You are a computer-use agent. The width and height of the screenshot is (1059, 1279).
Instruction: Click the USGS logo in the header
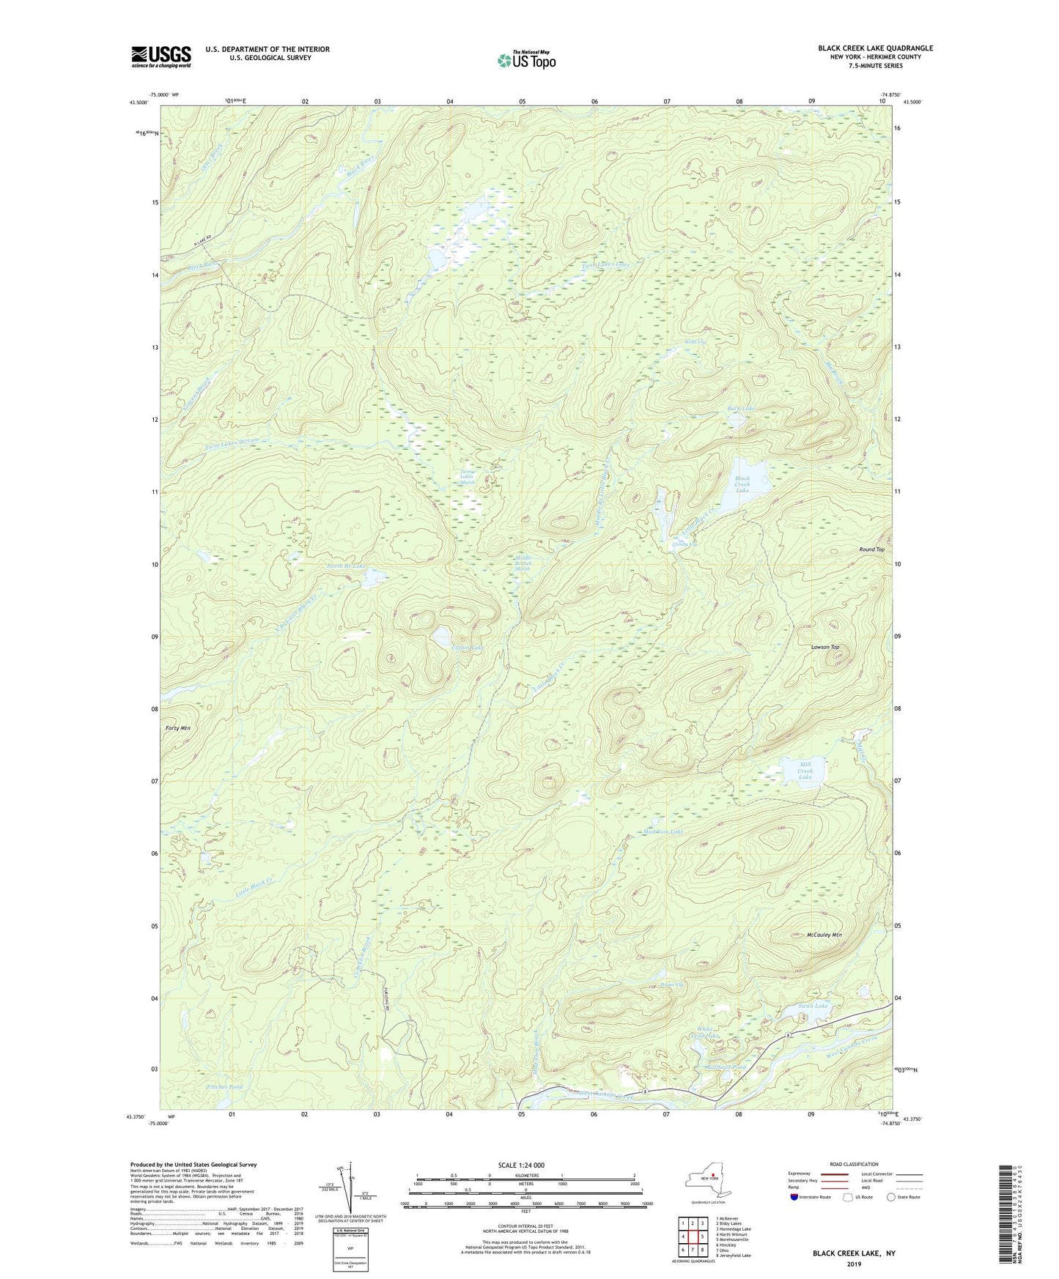point(161,56)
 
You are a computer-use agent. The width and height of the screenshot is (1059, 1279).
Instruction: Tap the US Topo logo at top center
point(526,60)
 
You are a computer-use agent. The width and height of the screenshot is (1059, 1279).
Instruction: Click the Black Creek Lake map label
point(742,484)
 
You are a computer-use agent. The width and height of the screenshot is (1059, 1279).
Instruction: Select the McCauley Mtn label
point(824,935)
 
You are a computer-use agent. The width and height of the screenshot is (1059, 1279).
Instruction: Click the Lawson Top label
point(824,648)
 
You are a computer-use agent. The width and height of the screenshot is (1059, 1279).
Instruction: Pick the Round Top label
point(871,549)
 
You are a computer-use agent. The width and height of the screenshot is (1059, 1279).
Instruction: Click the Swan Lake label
point(813,1006)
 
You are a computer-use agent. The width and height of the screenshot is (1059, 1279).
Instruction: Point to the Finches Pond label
point(224,1087)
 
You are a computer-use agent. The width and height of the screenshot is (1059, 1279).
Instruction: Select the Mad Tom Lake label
point(663,832)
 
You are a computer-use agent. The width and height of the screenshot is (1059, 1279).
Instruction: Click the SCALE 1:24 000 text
point(520,1165)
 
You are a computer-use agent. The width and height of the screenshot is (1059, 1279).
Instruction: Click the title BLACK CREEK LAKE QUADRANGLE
point(875,48)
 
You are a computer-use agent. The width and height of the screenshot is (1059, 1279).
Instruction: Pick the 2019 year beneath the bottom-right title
point(853,1264)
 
